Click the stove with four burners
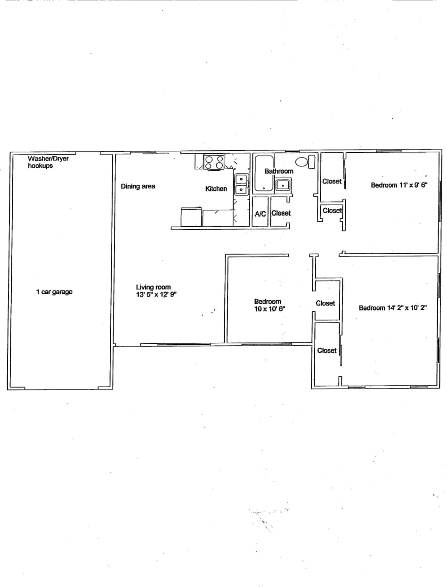[214, 162]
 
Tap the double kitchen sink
[241, 184]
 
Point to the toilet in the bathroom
[305, 162]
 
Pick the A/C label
[260, 214]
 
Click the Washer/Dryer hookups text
[48, 162]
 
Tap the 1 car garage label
[54, 292]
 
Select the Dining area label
[138, 186]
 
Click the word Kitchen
[216, 189]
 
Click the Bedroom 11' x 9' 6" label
[398, 185]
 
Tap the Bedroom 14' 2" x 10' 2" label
[393, 308]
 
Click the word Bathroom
[278, 171]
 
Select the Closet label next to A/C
[281, 213]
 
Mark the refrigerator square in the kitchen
[191, 217]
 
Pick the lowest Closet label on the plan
[326, 350]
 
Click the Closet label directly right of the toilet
[332, 181]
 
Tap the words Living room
[153, 287]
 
